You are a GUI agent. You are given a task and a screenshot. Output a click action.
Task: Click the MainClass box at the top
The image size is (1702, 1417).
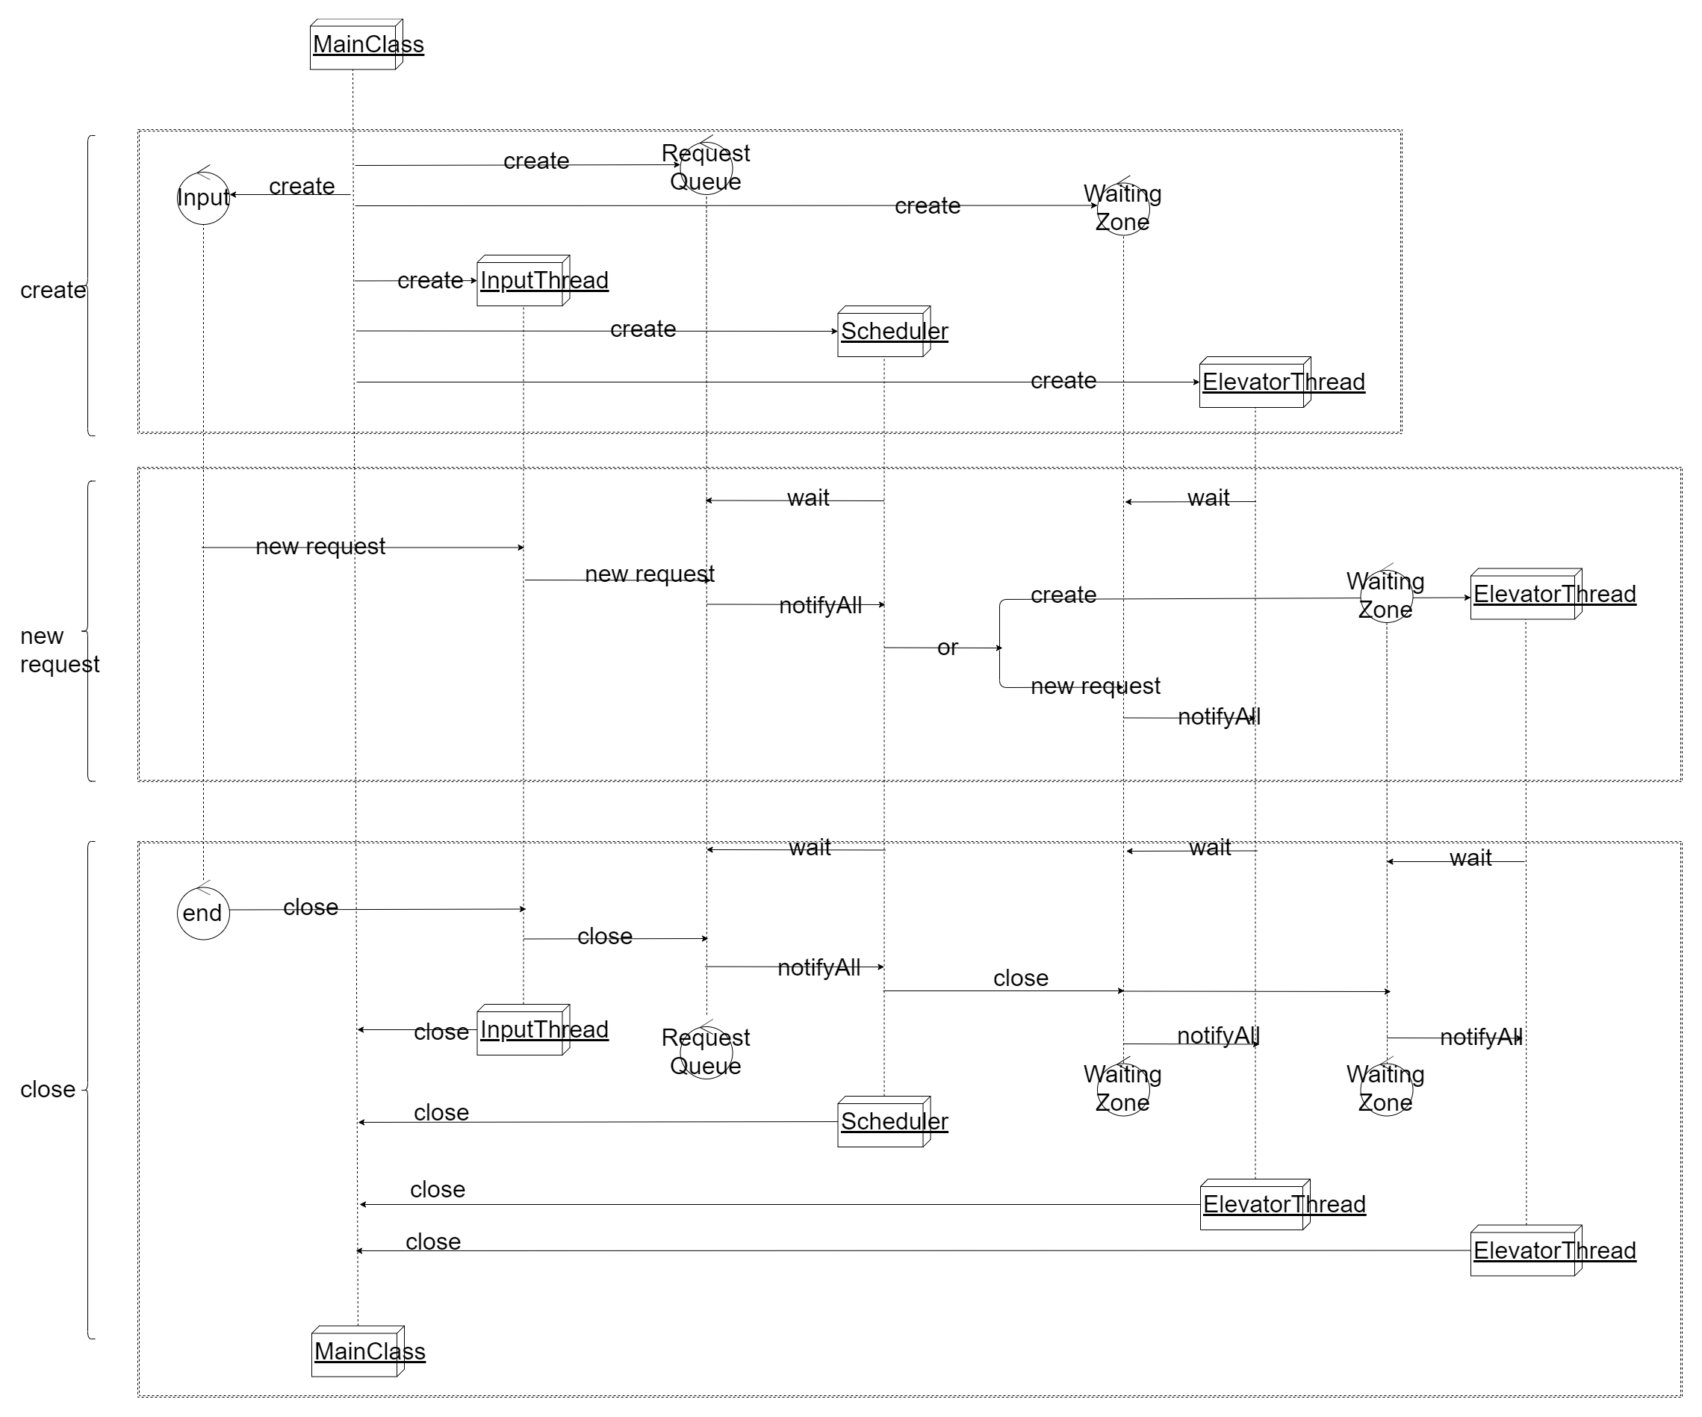[x=357, y=46]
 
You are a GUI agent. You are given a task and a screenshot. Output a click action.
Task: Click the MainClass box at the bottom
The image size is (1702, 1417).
[x=358, y=1351]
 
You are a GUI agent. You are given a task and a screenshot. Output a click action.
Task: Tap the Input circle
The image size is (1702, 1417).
[x=203, y=198]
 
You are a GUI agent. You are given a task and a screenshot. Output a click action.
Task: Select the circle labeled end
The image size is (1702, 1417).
[x=203, y=914]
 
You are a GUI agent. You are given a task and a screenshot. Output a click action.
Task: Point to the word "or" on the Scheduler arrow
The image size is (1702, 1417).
[x=948, y=648]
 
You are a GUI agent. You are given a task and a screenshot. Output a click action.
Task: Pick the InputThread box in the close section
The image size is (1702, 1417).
[x=524, y=1030]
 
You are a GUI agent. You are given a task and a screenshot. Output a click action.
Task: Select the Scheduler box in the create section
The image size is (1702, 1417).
[x=884, y=332]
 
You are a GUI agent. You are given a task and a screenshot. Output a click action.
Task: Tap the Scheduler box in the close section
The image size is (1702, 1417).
[x=884, y=1122]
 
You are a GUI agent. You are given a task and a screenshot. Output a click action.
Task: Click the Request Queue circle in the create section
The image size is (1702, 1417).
[x=706, y=168]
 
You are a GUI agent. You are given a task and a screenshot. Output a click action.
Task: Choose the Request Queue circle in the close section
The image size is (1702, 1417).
[x=706, y=1052]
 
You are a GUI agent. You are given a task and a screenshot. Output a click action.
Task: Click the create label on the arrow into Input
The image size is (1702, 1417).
[x=302, y=187]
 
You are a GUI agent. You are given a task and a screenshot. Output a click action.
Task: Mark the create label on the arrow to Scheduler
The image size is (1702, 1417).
[x=643, y=329]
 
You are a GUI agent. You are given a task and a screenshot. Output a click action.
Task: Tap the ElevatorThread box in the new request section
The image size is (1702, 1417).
[x=1526, y=594]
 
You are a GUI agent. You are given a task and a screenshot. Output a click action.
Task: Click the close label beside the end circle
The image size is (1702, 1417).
[x=311, y=907]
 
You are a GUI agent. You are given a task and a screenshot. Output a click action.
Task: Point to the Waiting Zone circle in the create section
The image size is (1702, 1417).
[x=1123, y=208]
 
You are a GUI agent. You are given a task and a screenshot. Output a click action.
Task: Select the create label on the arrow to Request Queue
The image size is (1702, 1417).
[x=535, y=161]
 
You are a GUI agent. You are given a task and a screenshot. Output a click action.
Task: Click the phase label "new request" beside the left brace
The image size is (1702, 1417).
[x=59, y=650]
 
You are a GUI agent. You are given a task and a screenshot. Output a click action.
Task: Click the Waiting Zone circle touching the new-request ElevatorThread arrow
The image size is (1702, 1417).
[x=1386, y=596]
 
